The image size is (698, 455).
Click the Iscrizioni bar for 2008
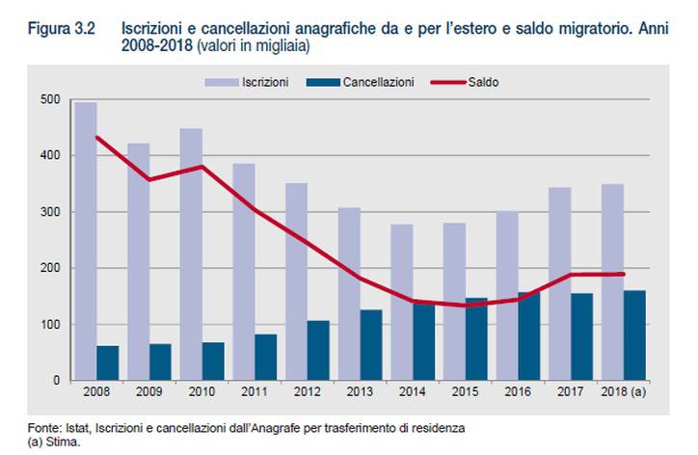[86, 241]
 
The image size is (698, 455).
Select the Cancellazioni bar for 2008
[107, 362]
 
